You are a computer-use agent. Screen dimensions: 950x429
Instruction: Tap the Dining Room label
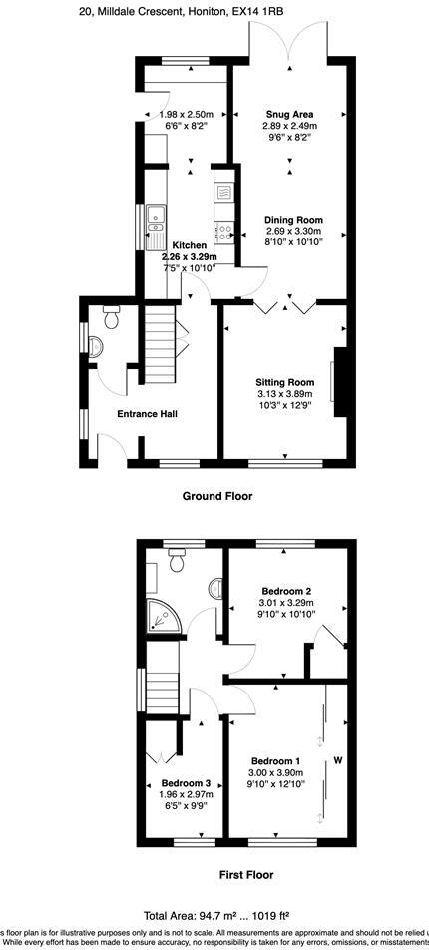click(x=293, y=220)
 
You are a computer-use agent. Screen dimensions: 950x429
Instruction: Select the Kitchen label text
click(x=190, y=245)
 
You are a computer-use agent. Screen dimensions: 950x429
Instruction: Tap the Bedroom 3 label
click(x=187, y=783)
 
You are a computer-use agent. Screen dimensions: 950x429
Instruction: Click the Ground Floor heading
click(x=216, y=495)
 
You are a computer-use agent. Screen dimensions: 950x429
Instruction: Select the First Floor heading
click(x=246, y=875)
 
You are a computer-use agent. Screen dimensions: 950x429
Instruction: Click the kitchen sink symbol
click(x=156, y=225)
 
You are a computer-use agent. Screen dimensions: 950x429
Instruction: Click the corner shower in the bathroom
click(x=164, y=618)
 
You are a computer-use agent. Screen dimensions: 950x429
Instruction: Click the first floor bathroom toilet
click(x=180, y=563)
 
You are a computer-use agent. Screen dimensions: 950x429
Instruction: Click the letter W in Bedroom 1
click(x=338, y=762)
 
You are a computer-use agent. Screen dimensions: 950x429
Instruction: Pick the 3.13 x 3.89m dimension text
click(x=285, y=394)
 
